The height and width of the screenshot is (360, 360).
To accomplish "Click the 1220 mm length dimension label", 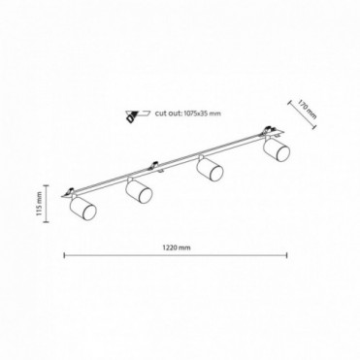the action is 177,247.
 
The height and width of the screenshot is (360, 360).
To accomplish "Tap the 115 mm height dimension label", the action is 40,204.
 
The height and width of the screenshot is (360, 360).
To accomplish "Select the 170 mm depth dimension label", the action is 307,110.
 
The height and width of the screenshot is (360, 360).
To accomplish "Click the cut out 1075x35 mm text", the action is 187,114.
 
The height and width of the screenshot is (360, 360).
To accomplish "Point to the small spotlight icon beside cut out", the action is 137,115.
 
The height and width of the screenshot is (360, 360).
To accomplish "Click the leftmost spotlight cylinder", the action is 82,208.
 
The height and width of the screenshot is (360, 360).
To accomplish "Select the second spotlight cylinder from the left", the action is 139,191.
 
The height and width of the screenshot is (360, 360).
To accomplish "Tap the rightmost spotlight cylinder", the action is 277,149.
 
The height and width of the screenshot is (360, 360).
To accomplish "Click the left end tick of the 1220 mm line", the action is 65,255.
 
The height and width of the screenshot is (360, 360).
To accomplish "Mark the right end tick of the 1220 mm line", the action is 287,255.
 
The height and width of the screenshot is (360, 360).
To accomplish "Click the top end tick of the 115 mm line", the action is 47,185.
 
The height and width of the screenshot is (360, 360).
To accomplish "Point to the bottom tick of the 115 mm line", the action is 47,222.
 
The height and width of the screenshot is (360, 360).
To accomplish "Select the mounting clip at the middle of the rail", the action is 155,166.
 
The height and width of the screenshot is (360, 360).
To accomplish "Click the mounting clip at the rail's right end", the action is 268,129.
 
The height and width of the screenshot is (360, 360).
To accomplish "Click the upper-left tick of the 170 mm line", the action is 288,102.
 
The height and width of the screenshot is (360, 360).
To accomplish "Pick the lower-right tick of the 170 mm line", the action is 313,127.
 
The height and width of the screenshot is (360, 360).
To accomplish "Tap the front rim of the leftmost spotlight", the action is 89,213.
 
